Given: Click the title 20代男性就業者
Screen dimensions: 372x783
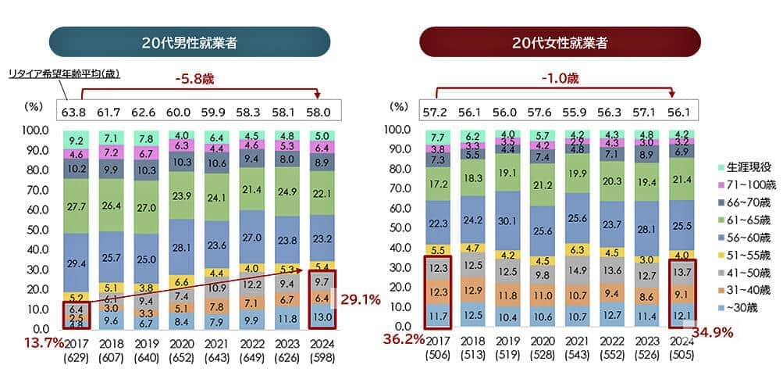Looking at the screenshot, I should click(189, 42).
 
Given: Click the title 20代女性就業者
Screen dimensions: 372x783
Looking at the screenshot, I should click(560, 42).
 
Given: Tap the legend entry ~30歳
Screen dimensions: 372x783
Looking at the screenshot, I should click(742, 309).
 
